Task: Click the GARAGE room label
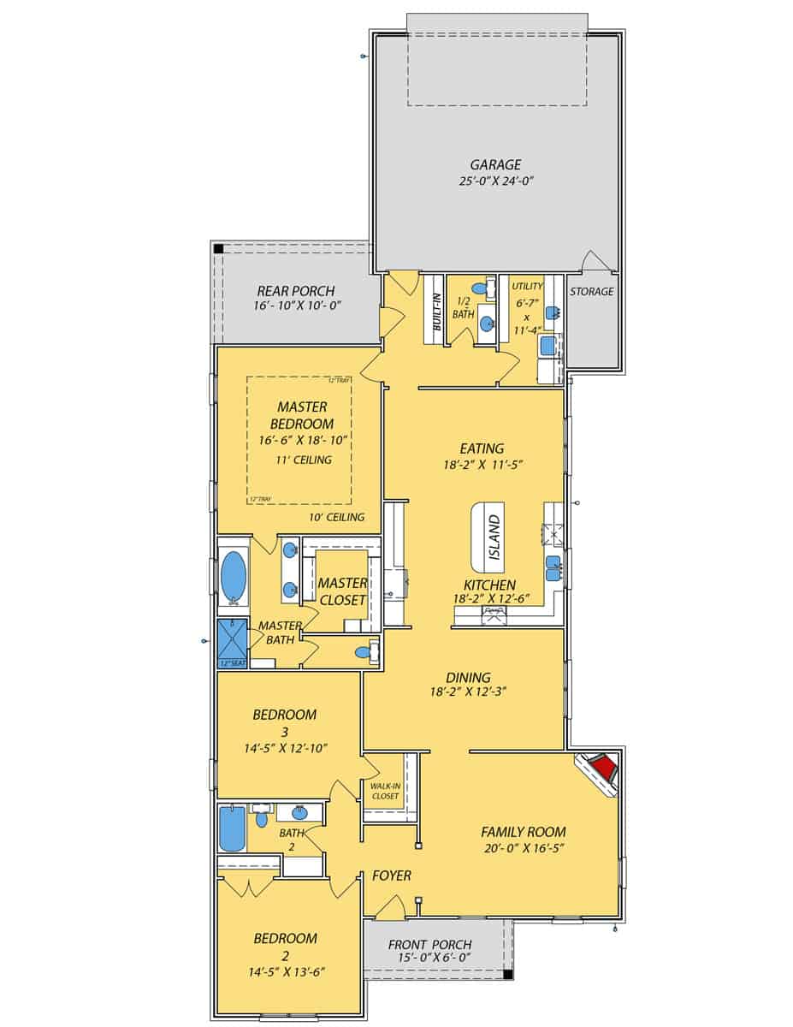[495, 164]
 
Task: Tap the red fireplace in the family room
[605, 767]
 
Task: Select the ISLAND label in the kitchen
[494, 537]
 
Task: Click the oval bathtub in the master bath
[233, 576]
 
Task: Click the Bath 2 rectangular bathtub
[232, 828]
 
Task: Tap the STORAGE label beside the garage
[592, 291]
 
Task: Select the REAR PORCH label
[295, 291]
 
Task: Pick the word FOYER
[392, 876]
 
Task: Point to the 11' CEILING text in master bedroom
[304, 460]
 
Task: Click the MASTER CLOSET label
[342, 591]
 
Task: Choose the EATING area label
[482, 448]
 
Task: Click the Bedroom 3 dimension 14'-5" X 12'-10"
[285, 747]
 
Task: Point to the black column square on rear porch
[219, 248]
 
